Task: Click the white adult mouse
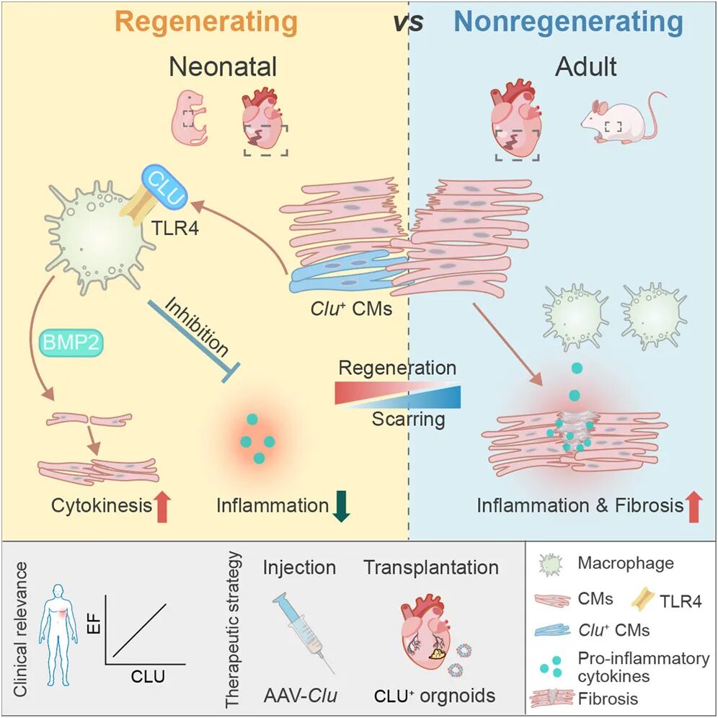pyautogui.click(x=619, y=118)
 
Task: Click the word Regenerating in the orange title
pyautogui.click(x=207, y=22)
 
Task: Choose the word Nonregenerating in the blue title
pyautogui.click(x=568, y=22)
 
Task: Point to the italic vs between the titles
pyautogui.click(x=408, y=22)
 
